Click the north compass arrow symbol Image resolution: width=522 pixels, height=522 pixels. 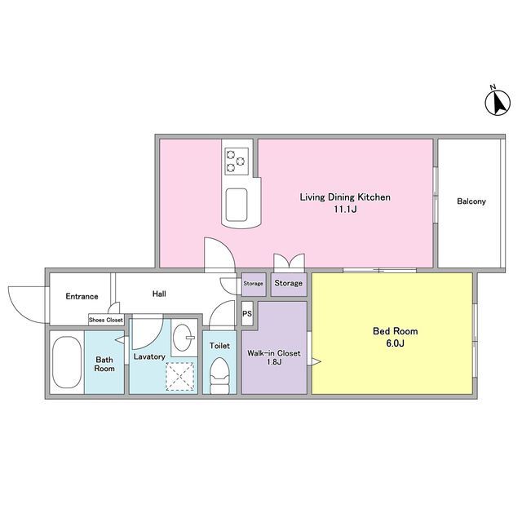point(498,103)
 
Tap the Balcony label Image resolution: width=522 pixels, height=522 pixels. point(471,201)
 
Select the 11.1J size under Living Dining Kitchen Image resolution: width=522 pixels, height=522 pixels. point(346,210)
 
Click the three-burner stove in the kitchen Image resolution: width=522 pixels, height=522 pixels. point(237,161)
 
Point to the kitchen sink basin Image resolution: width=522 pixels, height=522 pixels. point(237,205)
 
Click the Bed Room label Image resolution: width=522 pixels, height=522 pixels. point(395,331)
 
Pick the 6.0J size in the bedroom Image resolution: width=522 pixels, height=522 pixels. point(395,343)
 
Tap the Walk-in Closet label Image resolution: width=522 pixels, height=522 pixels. point(274,353)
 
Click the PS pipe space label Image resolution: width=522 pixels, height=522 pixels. point(247,313)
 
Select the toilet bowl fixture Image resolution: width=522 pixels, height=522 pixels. point(219,375)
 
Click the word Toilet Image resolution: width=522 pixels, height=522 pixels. point(219,346)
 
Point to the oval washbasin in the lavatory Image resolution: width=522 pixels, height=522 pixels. point(184,337)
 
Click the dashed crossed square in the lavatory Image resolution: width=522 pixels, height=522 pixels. point(179,376)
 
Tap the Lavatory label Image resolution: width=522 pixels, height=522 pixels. point(149,356)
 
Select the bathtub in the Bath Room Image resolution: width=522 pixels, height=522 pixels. point(67,362)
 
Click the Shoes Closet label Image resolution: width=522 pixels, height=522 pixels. point(106,320)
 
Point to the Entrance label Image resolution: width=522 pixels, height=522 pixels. point(82,296)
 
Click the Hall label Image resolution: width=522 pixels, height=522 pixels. point(159,294)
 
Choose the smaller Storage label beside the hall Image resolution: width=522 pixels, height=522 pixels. point(253,283)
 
